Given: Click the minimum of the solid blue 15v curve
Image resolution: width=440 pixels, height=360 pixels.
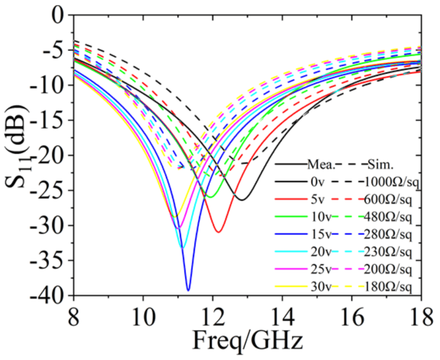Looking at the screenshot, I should pyautogui.click(x=188, y=290).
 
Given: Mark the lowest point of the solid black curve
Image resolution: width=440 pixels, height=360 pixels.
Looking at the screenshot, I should pyautogui.click(x=242, y=200).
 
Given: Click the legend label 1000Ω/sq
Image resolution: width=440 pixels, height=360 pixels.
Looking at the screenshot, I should pyautogui.click(x=392, y=182).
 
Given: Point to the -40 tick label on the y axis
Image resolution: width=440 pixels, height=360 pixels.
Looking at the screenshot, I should pyautogui.click(x=48, y=296).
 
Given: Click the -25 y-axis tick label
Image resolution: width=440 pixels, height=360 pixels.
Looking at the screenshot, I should pyautogui.click(x=48, y=190).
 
